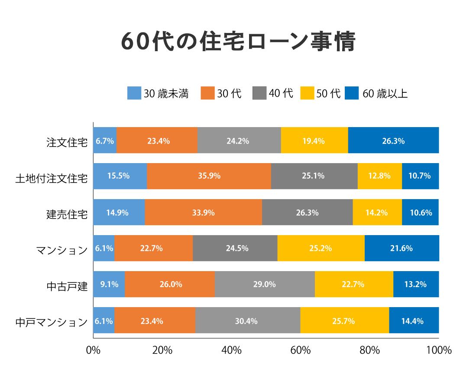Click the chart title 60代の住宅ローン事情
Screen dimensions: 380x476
tap(238, 42)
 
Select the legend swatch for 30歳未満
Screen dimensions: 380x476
tap(134, 93)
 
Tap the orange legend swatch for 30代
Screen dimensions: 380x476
tap(208, 93)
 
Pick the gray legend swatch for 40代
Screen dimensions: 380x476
tap(259, 93)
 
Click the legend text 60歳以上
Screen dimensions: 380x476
tap(385, 94)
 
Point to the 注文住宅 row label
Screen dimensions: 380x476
tap(67, 141)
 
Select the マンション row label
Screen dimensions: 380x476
tap(62, 249)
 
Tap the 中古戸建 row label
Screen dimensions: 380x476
tap(67, 285)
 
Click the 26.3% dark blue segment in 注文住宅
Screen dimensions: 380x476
tap(393, 141)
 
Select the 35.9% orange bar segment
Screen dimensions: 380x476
tap(209, 176)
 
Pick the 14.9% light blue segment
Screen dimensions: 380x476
tap(119, 213)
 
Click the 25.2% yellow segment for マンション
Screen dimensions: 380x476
tap(321, 248)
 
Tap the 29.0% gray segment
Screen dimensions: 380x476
tap(265, 285)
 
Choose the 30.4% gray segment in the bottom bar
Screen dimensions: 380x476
tap(248, 321)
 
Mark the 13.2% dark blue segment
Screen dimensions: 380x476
tap(416, 285)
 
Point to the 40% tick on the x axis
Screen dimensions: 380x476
tap(231, 350)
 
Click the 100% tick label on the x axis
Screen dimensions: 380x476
tap(439, 350)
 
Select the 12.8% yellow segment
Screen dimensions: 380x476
tap(380, 176)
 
